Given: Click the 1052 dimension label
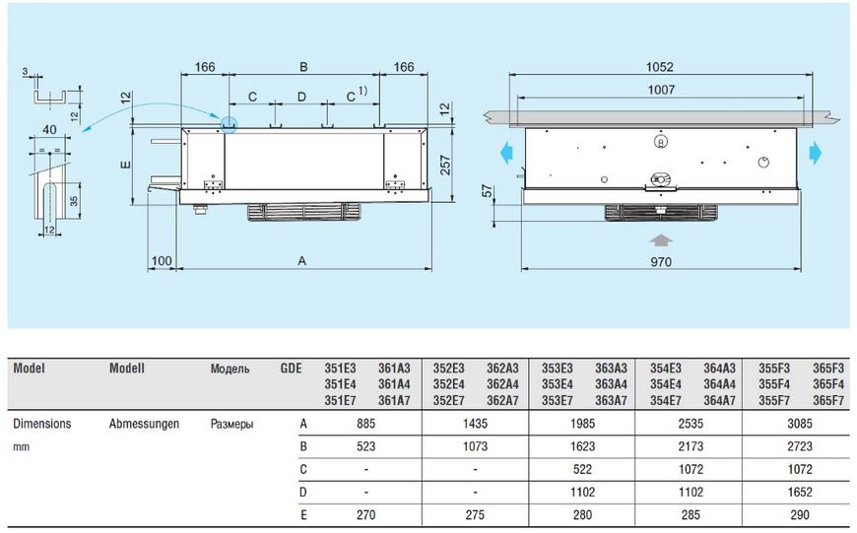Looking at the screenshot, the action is coord(660,67).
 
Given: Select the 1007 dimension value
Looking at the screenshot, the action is coord(661,90).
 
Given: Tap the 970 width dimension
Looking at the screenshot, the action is coord(661,262).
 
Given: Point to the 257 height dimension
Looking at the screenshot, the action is coord(445,166).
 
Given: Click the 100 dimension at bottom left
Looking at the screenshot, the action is coord(162,261).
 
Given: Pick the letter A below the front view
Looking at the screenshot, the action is coord(301,261).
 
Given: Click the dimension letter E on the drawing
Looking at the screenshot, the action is coord(126,166).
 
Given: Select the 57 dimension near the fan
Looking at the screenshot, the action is coord(487,191).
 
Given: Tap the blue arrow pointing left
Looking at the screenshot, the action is coord(506,153).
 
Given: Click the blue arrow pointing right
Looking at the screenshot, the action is coord(816,153).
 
